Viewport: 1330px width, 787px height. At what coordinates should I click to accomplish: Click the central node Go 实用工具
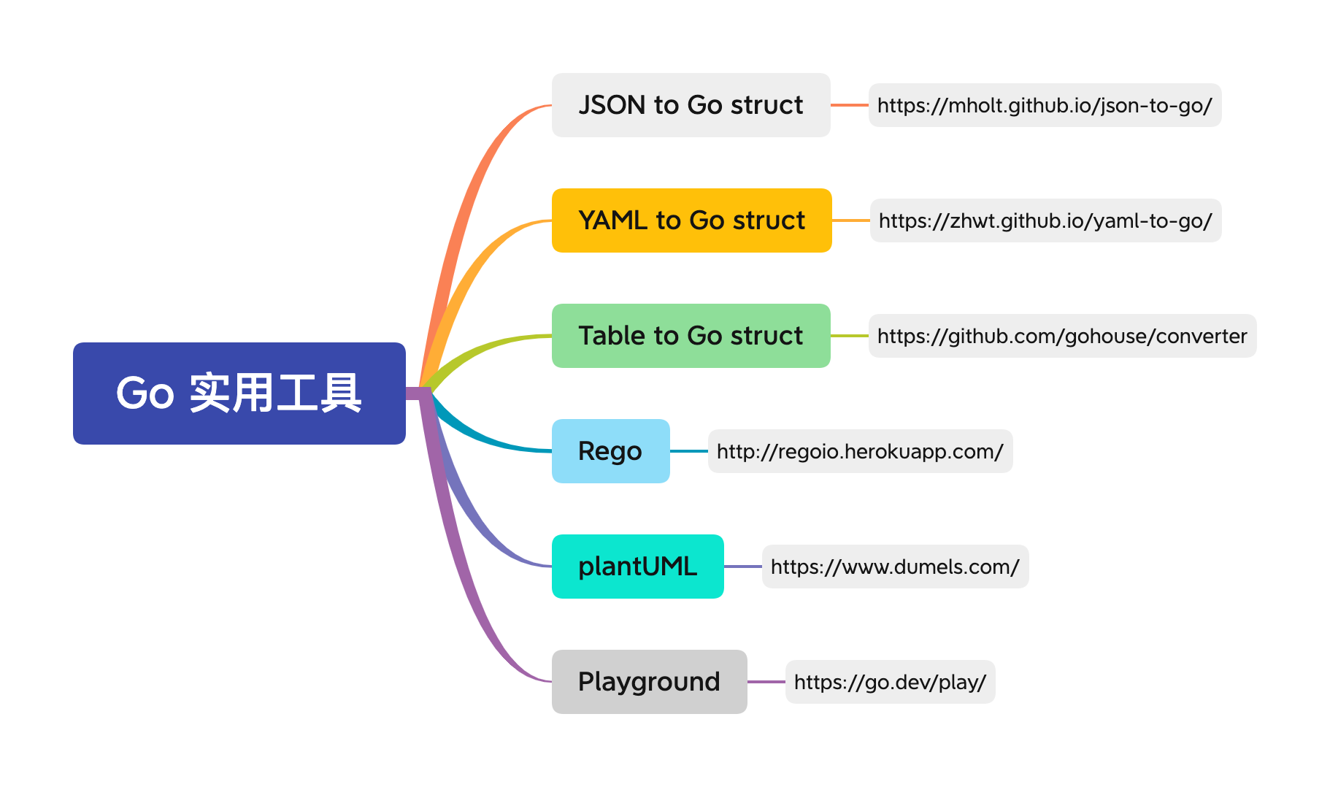pyautogui.click(x=239, y=393)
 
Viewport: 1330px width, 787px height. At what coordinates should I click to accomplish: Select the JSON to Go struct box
pyautogui.click(x=691, y=105)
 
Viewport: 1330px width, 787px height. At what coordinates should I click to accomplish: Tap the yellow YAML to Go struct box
pyautogui.click(x=692, y=220)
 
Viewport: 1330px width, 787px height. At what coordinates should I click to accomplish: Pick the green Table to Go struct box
pyautogui.click(x=691, y=336)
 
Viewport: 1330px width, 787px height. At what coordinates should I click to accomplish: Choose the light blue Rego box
pyautogui.click(x=611, y=451)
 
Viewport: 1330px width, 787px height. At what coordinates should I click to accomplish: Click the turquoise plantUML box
pyautogui.click(x=638, y=567)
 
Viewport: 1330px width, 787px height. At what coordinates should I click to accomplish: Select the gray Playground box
pyautogui.click(x=650, y=682)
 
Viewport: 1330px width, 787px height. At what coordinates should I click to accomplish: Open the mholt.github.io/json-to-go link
pyautogui.click(x=1045, y=105)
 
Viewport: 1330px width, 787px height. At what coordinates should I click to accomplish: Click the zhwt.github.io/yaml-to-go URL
pyautogui.click(x=1046, y=220)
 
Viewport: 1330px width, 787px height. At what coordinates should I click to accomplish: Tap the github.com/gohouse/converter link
pyautogui.click(x=1063, y=336)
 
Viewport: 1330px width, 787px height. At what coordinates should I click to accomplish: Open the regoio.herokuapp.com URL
pyautogui.click(x=861, y=451)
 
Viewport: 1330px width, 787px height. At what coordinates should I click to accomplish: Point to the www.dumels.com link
pyautogui.click(x=896, y=567)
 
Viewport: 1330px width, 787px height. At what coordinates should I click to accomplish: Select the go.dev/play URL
pyautogui.click(x=891, y=682)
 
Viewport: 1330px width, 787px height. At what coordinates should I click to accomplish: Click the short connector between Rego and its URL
pyautogui.click(x=689, y=451)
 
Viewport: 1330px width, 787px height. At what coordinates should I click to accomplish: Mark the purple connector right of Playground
pyautogui.click(x=766, y=682)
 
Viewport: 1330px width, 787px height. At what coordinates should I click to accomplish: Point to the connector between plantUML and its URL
pyautogui.click(x=743, y=567)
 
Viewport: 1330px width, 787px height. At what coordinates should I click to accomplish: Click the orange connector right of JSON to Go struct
pyautogui.click(x=850, y=105)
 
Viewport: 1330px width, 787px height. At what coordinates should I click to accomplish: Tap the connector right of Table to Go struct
pyautogui.click(x=850, y=336)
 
